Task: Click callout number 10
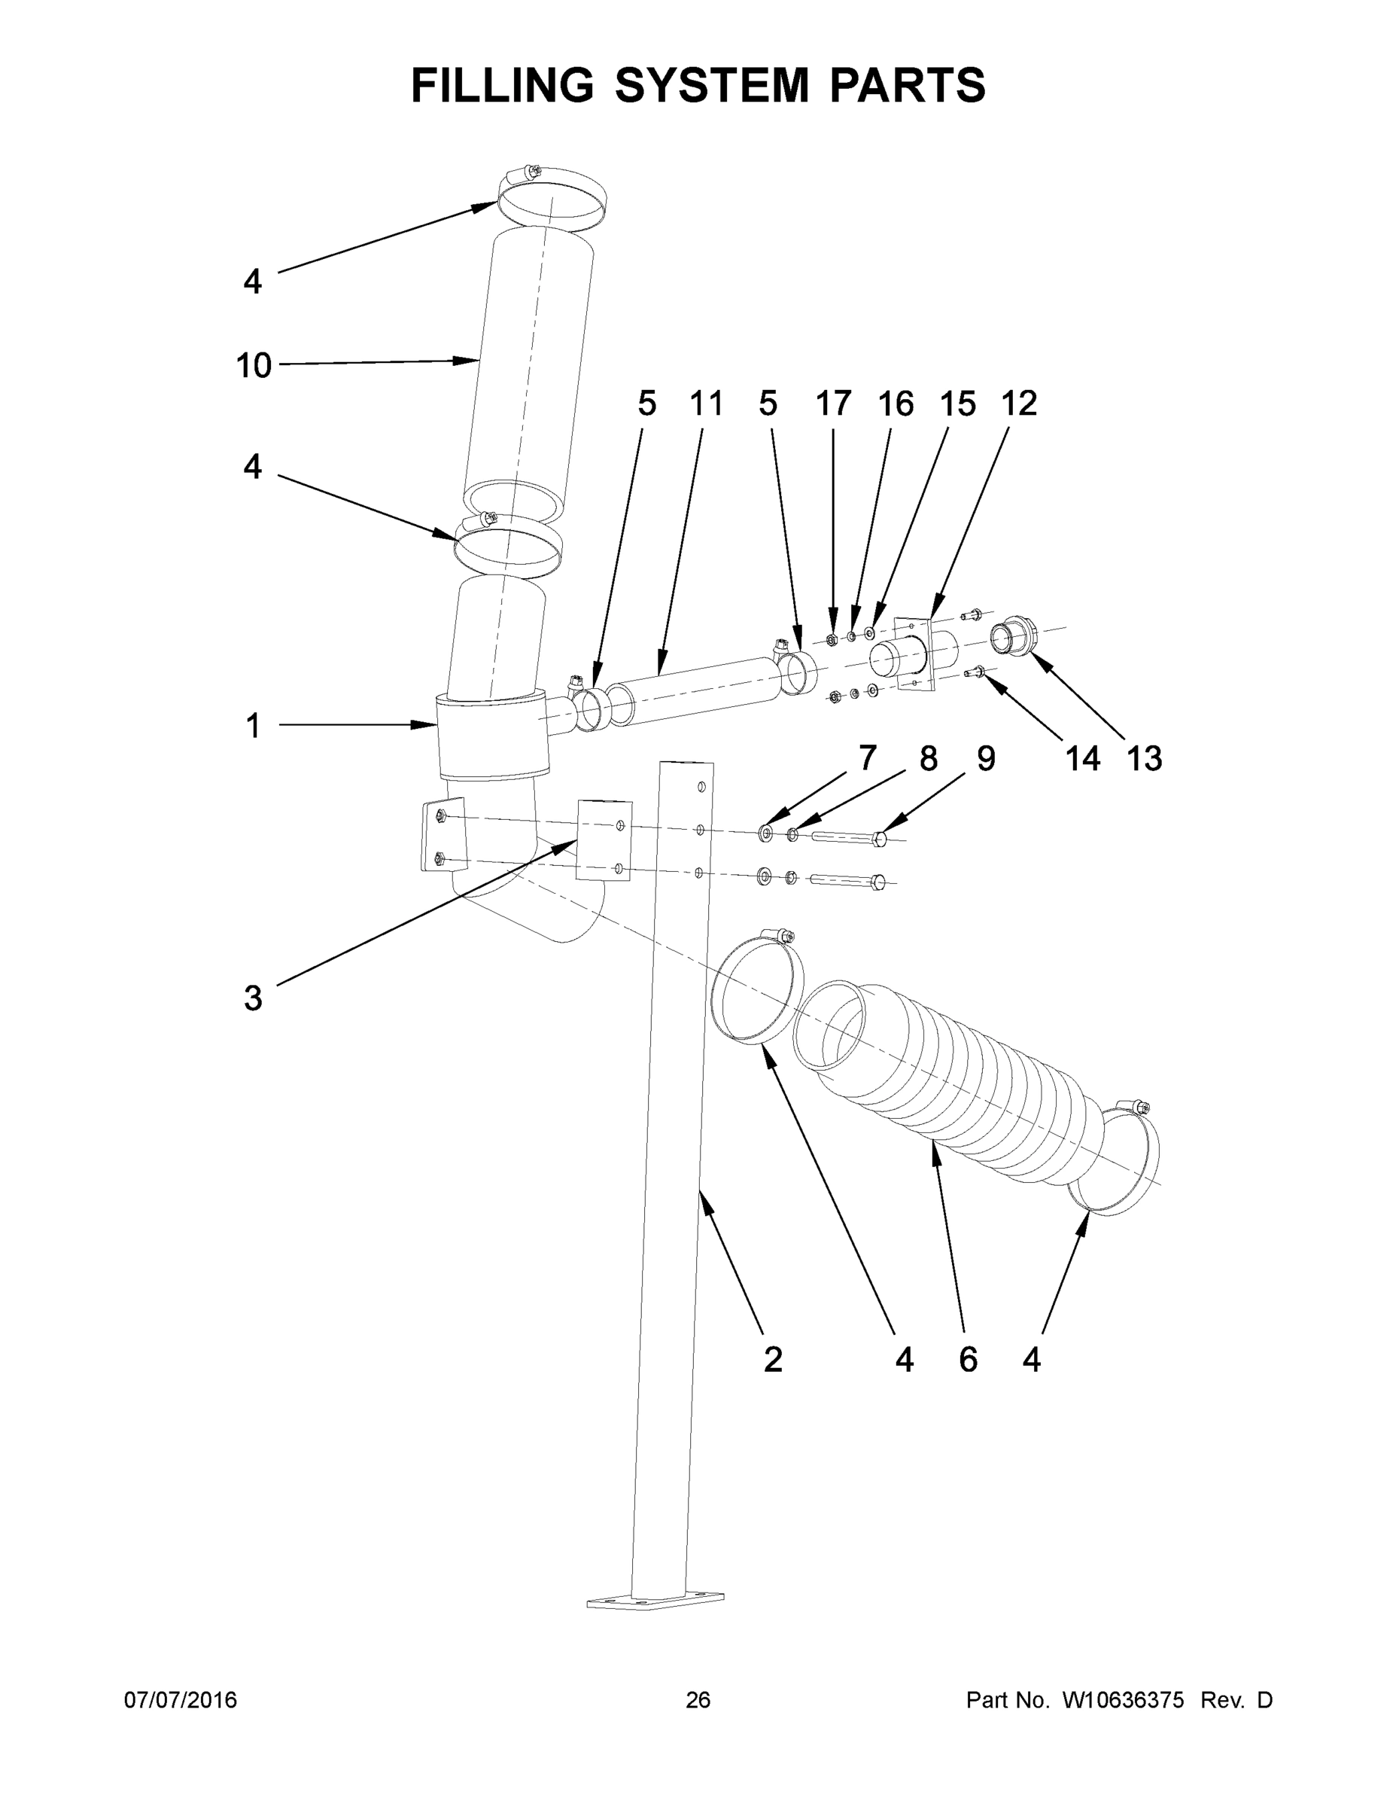coord(253,365)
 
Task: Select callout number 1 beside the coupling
coord(253,727)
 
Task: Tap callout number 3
coord(253,998)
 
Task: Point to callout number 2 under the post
coord(772,1359)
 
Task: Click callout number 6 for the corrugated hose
coord(968,1359)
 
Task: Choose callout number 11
coord(706,404)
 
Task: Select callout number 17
coord(833,404)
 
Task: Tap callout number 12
coord(1019,404)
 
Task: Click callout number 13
coord(1145,759)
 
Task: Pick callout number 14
coord(1083,759)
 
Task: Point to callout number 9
coord(986,759)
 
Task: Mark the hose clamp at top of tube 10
coord(552,199)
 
